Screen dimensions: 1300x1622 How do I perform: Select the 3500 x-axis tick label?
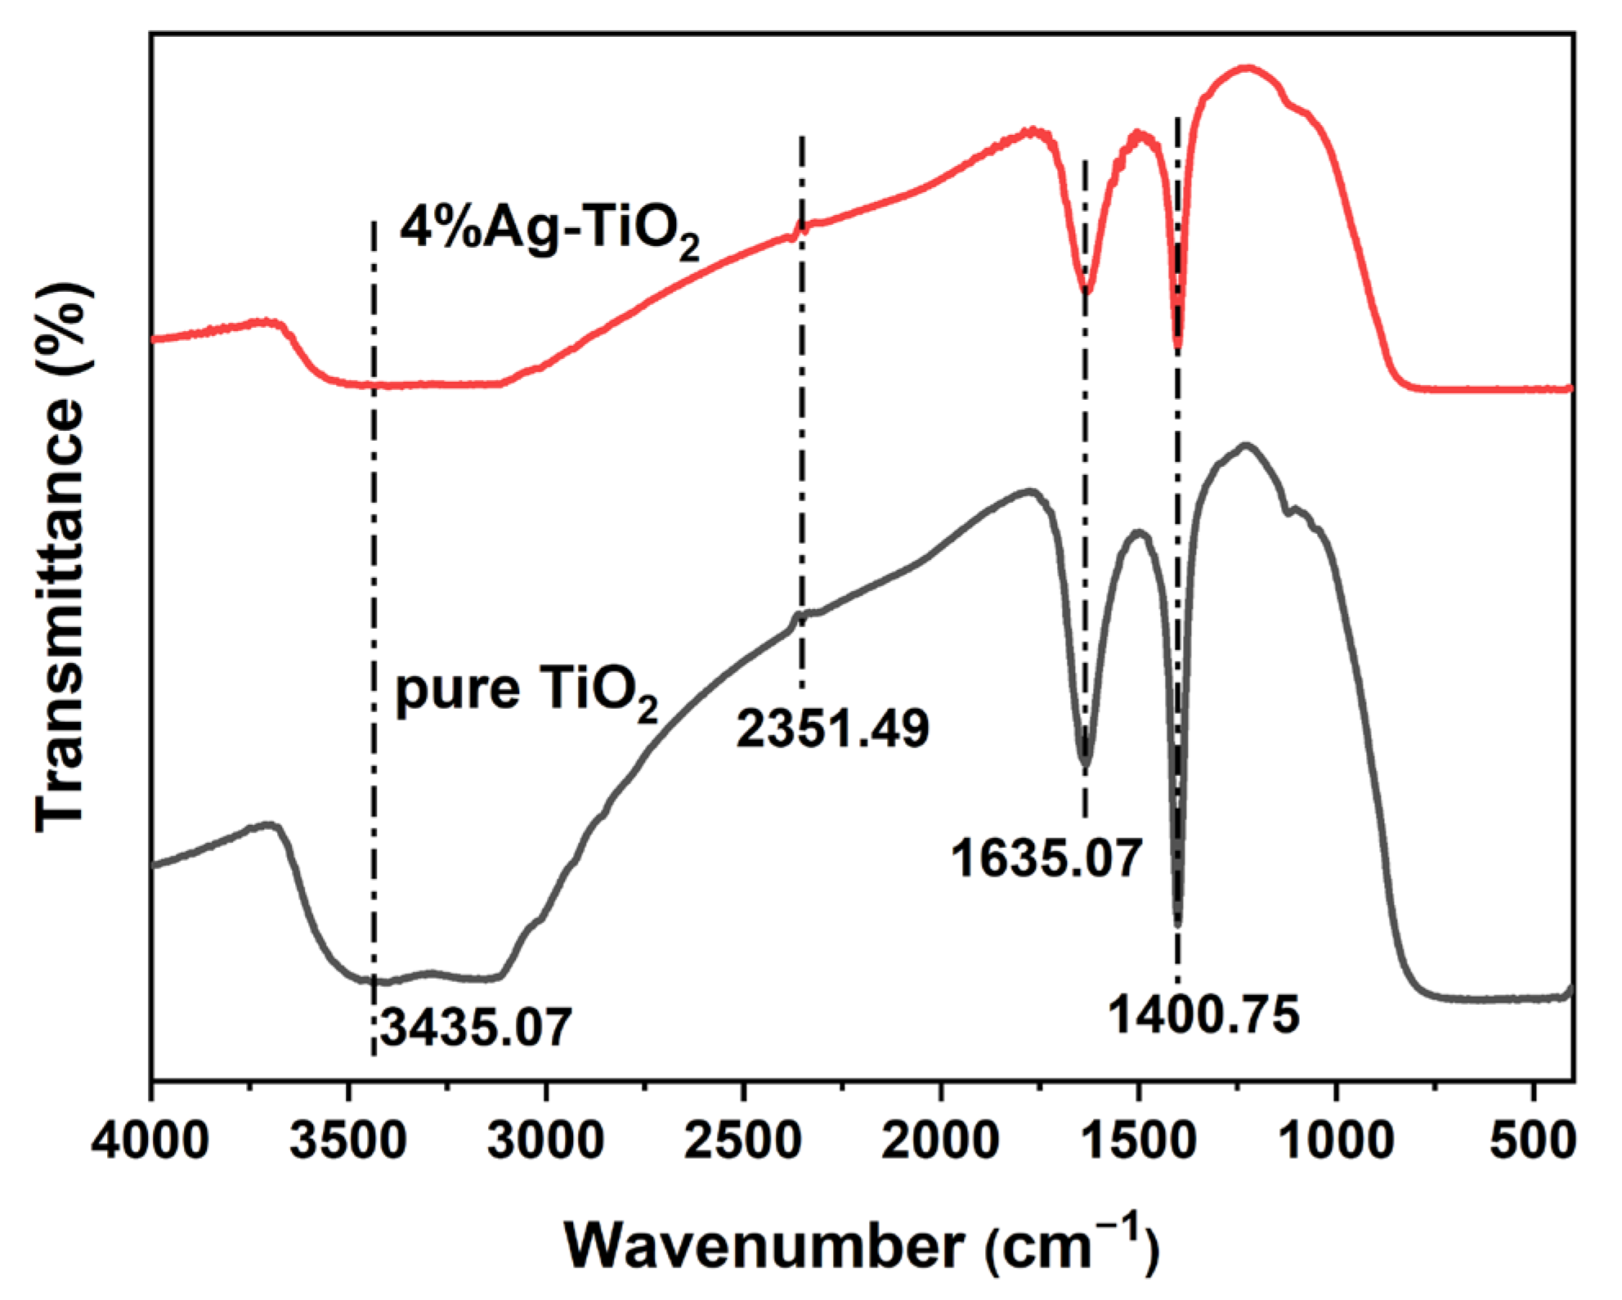pyautogui.click(x=348, y=1140)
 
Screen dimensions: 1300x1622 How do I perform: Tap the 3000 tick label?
pyautogui.click(x=545, y=1140)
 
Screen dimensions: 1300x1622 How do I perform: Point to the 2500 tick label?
pyautogui.click(x=743, y=1140)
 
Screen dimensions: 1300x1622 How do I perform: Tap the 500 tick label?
pyautogui.click(x=1532, y=1140)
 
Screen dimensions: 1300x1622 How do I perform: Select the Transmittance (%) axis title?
pyautogui.click(x=61, y=556)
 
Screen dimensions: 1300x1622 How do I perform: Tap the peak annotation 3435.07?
pyautogui.click(x=476, y=1027)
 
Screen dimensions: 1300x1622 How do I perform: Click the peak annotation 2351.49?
pyautogui.click(x=832, y=728)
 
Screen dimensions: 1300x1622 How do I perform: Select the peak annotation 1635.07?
pyautogui.click(x=1046, y=858)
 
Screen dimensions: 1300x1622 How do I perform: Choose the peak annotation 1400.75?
pyautogui.click(x=1203, y=1015)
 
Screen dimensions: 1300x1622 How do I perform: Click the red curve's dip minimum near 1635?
pyautogui.click(x=1086, y=290)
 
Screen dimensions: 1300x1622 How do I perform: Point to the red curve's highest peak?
pyautogui.click(x=1246, y=68)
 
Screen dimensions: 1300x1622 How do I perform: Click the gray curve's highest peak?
pyautogui.click(x=1246, y=446)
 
